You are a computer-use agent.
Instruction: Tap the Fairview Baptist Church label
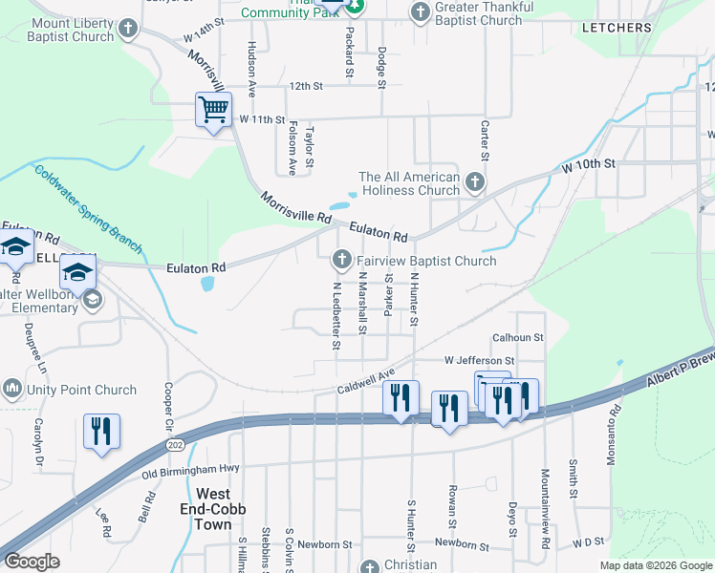(426, 261)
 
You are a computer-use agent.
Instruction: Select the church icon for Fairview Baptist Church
(341, 259)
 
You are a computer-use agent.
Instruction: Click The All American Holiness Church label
(409, 183)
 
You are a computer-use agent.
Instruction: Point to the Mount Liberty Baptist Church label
(71, 29)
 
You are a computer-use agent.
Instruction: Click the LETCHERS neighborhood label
(617, 28)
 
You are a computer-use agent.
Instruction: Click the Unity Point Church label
(81, 390)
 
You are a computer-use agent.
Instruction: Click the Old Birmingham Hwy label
(190, 471)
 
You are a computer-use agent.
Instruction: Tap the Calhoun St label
(517, 338)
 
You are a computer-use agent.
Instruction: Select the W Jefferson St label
(479, 361)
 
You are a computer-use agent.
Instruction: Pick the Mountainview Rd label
(545, 520)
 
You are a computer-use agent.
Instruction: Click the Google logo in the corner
(31, 562)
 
